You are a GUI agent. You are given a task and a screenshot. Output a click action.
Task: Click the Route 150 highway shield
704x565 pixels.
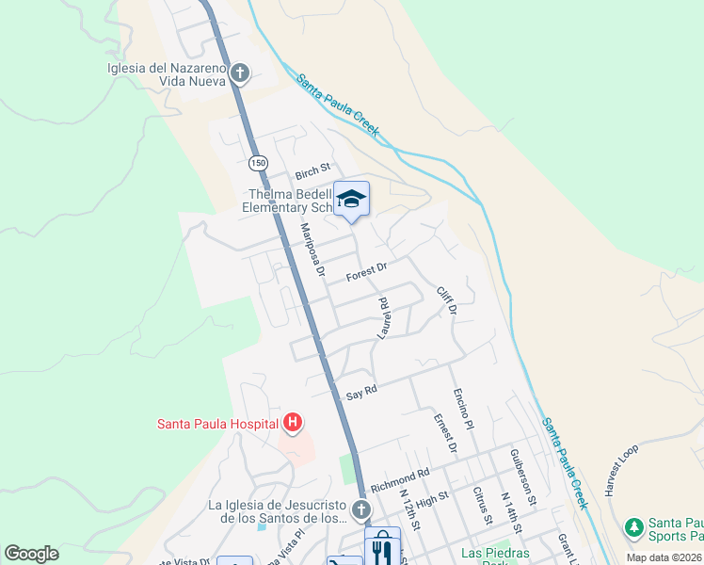[258, 163]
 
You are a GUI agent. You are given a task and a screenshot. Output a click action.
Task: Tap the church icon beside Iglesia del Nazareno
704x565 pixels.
[240, 73]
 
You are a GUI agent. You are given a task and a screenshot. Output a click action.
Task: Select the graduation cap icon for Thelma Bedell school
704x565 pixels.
[352, 199]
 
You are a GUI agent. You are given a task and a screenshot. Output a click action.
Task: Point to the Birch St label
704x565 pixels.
[313, 171]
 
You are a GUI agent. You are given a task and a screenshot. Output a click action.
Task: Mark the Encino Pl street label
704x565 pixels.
[463, 406]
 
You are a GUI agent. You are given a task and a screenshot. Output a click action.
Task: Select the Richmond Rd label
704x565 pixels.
[400, 480]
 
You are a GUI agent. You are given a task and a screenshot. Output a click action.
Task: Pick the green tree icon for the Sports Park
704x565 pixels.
[634, 527]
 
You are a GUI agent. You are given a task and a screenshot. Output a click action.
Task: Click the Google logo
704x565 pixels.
[32, 553]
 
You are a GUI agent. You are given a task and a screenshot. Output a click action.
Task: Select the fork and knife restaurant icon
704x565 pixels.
[381, 547]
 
